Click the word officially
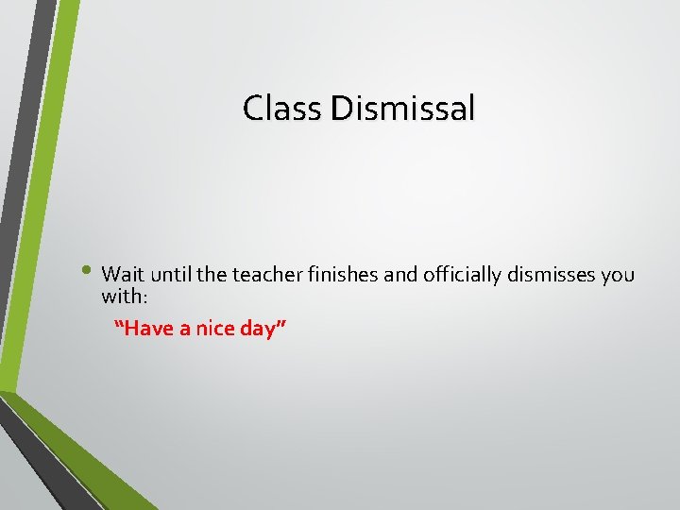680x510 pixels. point(462,275)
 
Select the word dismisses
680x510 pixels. point(552,275)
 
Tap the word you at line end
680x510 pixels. point(619,276)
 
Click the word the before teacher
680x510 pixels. point(212,275)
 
